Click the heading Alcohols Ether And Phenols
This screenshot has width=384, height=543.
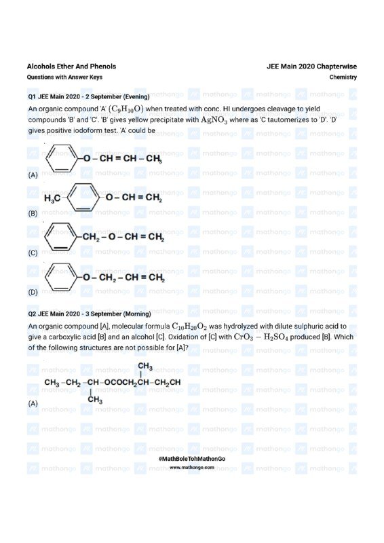(71, 67)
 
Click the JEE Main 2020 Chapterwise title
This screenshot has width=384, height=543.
(312, 67)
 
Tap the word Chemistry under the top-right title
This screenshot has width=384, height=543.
(343, 77)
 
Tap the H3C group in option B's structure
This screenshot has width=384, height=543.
(52, 199)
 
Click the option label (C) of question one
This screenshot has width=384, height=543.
(33, 253)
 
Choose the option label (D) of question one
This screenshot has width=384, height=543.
(33, 293)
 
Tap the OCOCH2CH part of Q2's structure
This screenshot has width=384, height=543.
(127, 383)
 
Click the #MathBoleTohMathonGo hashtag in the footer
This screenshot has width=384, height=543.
(191, 460)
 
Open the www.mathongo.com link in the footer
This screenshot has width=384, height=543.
(191, 468)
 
